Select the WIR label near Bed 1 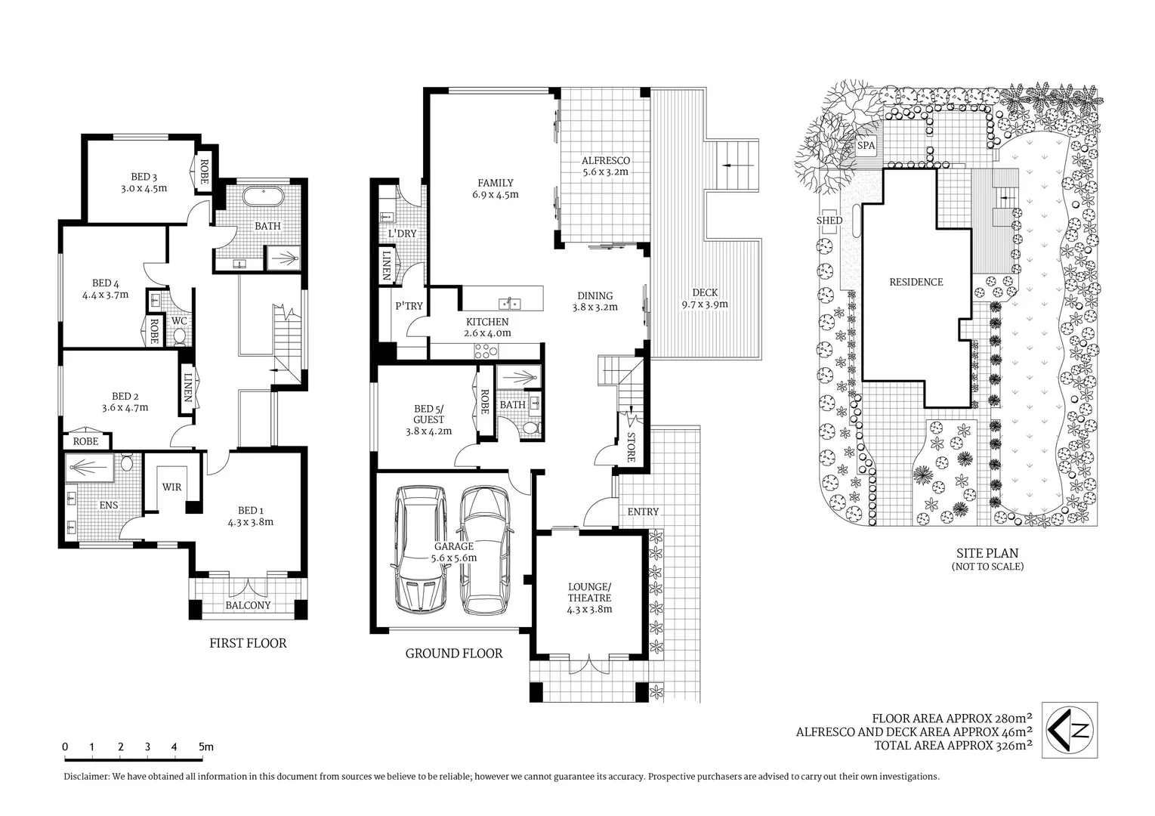(x=171, y=487)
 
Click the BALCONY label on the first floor (x=248, y=605)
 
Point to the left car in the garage (x=418, y=549)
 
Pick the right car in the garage (x=485, y=549)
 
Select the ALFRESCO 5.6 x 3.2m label (x=605, y=165)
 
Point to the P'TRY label (x=409, y=306)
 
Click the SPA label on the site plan (x=866, y=145)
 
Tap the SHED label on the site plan (x=829, y=220)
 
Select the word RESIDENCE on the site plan (x=916, y=282)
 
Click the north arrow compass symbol (x=1070, y=730)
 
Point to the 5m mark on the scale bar (x=205, y=746)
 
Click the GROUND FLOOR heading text (x=453, y=654)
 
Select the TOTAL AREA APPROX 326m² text (x=953, y=746)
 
